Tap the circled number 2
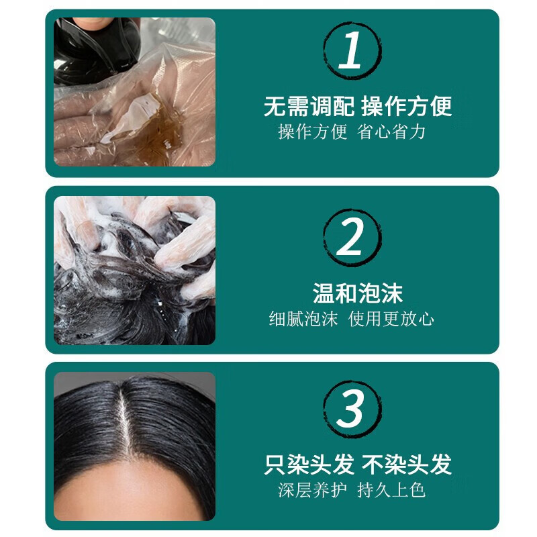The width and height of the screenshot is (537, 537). click(x=350, y=239)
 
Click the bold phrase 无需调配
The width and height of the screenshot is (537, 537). click(x=309, y=106)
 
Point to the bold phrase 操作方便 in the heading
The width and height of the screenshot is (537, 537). click(x=407, y=106)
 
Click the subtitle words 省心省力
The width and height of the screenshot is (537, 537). click(x=396, y=132)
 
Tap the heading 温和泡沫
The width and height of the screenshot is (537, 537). click(x=358, y=293)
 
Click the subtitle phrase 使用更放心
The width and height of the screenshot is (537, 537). click(x=391, y=318)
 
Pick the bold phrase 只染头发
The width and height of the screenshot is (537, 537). click(x=309, y=465)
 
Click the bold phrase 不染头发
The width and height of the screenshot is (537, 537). click(x=407, y=465)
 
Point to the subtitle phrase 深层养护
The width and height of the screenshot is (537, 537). click(x=312, y=490)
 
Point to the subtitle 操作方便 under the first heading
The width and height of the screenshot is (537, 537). click(x=313, y=132)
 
